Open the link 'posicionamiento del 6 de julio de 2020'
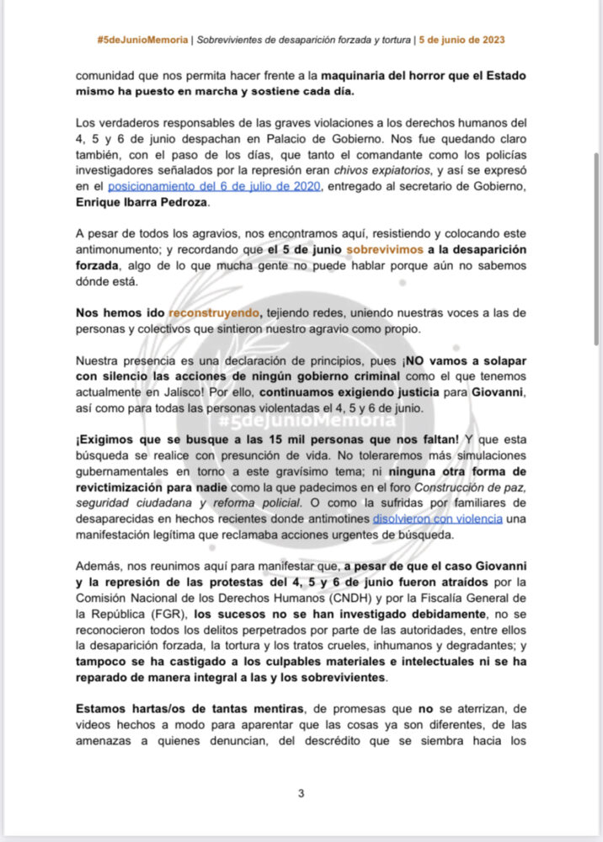(x=214, y=186)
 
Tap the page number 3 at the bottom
(x=301, y=792)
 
